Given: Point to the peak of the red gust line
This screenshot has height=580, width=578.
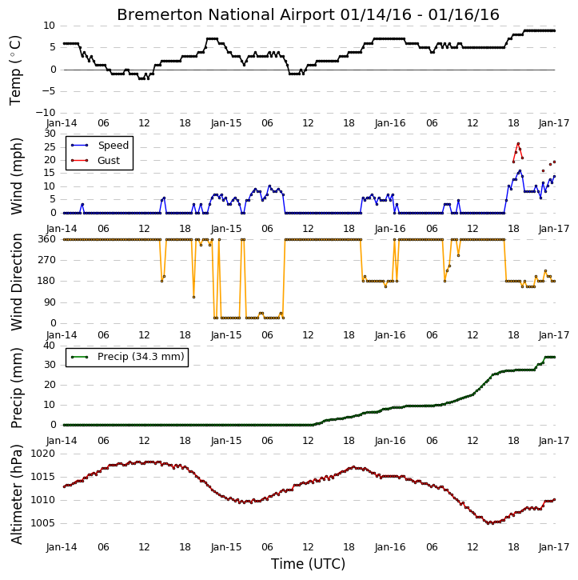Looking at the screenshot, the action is point(518,143).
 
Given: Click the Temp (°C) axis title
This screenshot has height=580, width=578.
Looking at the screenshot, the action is point(15,70).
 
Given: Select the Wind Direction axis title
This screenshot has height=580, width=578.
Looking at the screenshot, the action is point(17,282).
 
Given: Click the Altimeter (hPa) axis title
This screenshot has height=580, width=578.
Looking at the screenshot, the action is point(17,494).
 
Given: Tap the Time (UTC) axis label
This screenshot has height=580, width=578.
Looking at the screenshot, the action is point(308,564).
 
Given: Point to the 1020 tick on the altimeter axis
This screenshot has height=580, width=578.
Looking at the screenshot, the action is point(42,454).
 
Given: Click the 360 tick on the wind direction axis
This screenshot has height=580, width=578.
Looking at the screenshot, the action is point(47,239).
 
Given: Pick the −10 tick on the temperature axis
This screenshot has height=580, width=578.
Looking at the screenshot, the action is point(45,113).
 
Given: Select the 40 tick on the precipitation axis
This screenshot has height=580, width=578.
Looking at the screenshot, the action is point(49,346).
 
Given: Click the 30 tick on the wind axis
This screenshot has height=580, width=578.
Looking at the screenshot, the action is point(50,134).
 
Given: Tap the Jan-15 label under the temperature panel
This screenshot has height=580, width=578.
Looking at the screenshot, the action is point(226,123).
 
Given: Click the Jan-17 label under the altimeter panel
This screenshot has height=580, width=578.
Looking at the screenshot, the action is point(554,547).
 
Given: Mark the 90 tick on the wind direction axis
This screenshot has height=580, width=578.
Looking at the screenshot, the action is point(50,302).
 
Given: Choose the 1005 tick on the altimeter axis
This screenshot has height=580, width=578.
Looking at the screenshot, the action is point(42,523).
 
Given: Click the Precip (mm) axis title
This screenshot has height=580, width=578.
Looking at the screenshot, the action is point(17,388).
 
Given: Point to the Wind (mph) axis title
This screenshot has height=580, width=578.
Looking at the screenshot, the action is point(17,176).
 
